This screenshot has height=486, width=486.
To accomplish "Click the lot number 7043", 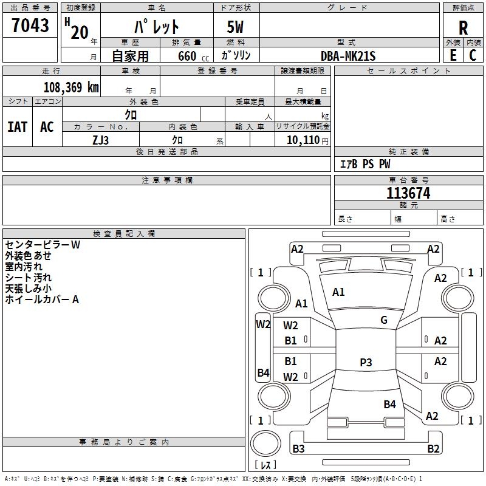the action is (x=30, y=25).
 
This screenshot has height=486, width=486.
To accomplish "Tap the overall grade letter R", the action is (x=463, y=28).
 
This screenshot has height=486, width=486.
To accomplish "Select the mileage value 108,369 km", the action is (x=71, y=87).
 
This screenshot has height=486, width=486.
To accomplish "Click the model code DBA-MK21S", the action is (x=348, y=56).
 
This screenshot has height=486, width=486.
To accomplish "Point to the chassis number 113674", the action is (x=408, y=193).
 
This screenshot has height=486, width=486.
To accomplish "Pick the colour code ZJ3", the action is (x=100, y=140).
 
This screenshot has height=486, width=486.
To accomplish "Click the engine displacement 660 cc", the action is (x=193, y=56).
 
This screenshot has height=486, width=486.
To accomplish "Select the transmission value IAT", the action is (x=17, y=127).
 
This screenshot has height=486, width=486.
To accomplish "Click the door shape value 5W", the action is (x=235, y=27).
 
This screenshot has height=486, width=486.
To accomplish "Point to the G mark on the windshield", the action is (x=384, y=320).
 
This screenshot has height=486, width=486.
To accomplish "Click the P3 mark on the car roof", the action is (x=366, y=362).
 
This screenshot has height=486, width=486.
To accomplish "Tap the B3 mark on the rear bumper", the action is (x=298, y=448).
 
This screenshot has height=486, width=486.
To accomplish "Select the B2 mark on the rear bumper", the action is (x=433, y=448).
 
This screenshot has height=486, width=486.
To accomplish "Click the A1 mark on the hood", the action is (x=338, y=292).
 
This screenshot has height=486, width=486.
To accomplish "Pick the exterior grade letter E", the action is (x=453, y=55).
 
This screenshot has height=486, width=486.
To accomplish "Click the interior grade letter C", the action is (x=473, y=55).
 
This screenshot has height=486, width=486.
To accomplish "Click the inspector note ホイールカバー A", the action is (x=42, y=299).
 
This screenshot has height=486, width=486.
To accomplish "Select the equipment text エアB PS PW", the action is (x=365, y=164).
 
